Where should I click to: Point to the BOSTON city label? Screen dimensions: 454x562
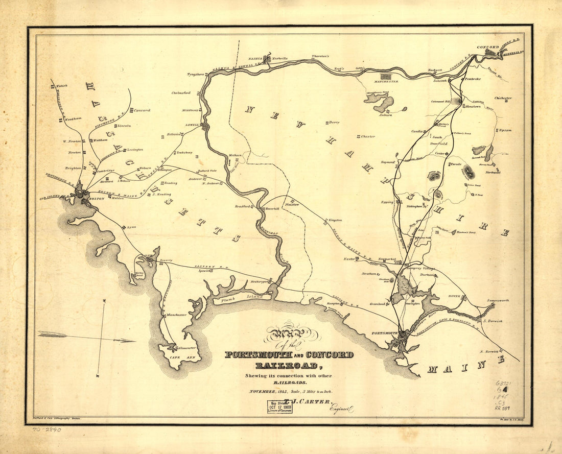pos(97,199)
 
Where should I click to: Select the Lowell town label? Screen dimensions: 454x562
pos(193,125)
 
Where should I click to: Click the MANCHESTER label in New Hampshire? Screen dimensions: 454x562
pos(386,82)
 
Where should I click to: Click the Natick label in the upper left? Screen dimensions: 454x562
pos(62,86)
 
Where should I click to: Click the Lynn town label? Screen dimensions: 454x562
pos(131,226)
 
